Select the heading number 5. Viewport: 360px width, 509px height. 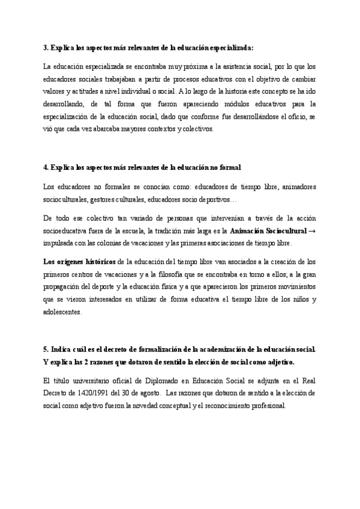point(46,349)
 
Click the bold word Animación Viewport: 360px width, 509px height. point(251,230)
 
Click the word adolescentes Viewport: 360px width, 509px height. point(64,312)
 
